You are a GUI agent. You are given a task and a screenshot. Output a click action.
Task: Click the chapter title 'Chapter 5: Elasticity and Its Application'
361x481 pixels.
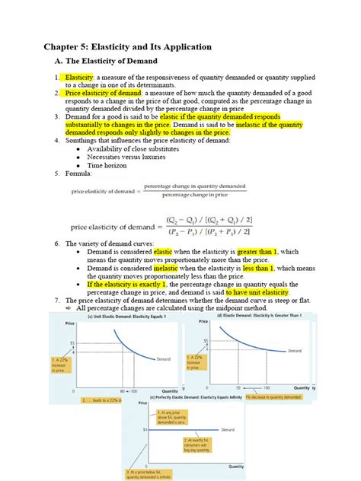coord(127,46)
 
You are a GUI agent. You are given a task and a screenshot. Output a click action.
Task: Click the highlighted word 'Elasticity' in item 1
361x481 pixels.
coord(79,78)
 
